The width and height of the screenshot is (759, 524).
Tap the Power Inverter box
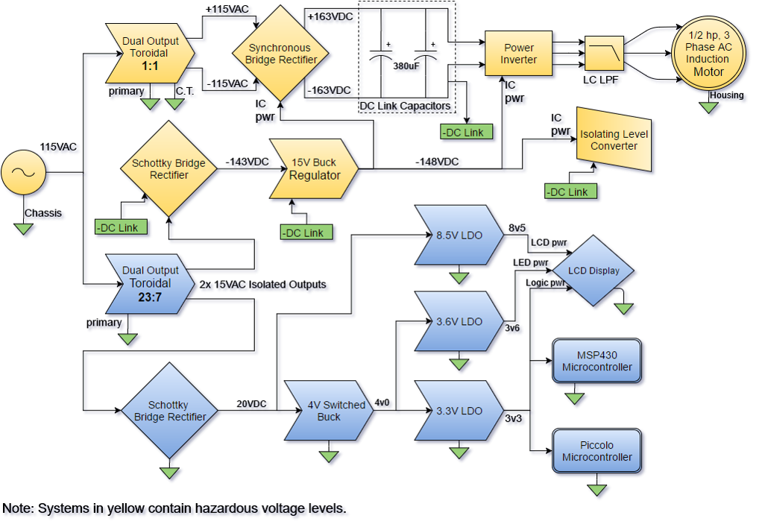point(518,54)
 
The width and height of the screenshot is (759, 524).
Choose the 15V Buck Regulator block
point(314,169)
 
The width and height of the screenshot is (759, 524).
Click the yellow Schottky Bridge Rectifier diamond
point(169,169)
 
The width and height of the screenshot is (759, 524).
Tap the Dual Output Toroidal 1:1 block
point(150,54)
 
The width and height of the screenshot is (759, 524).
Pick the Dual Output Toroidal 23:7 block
point(150,283)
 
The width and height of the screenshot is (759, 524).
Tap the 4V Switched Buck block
point(329,411)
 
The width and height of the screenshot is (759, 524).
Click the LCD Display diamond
point(593,271)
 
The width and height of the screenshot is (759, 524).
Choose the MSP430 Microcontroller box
point(596,362)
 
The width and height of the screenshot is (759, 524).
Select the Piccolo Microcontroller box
point(596,451)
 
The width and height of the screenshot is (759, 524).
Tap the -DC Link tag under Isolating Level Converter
point(570,192)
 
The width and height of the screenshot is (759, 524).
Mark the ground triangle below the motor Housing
point(711,109)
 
